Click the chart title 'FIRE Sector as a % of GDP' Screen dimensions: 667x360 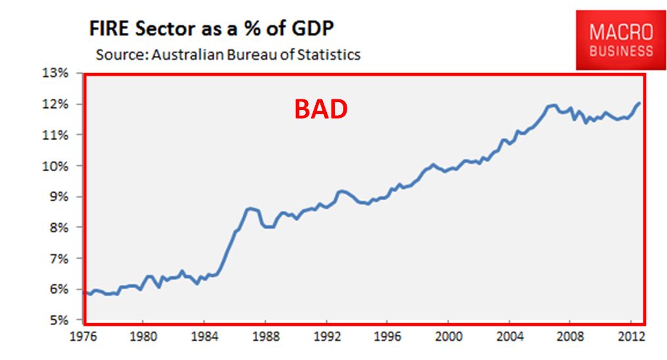(211, 28)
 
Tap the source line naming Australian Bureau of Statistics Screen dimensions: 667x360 (228, 55)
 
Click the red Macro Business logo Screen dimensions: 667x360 (621, 40)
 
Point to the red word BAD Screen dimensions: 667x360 (321, 109)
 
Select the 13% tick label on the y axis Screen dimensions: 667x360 (55, 73)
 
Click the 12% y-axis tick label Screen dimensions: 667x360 (55, 104)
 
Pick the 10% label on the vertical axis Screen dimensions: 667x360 (55, 166)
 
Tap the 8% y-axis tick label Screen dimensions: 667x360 (59, 228)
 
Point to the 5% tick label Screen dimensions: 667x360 (59, 320)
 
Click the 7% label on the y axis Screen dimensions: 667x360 (59, 259)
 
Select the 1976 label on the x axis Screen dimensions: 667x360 (84, 336)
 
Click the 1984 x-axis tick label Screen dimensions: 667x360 (205, 336)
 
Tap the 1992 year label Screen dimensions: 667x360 (327, 336)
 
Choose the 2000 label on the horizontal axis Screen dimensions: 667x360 (449, 336)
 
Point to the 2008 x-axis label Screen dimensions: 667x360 (570, 336)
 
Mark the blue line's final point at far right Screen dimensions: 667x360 (639, 103)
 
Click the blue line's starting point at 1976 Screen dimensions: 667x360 (84, 292)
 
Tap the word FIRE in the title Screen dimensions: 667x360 (109, 28)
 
